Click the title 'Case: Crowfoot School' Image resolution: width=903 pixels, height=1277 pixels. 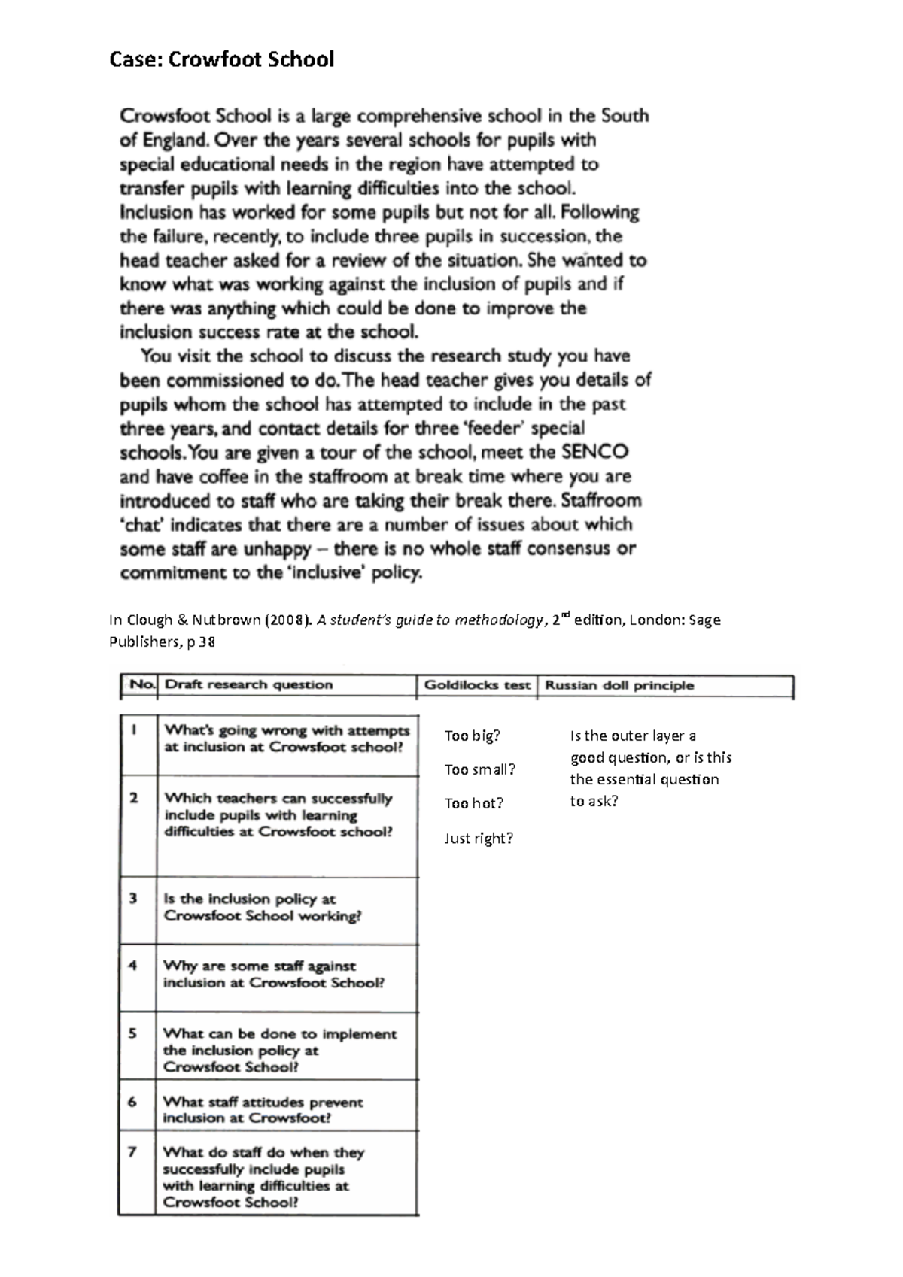point(221,59)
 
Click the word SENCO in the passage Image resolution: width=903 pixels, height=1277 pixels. point(594,453)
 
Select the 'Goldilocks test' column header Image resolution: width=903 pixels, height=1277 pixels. point(477,685)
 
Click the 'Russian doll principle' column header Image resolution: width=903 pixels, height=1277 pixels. point(619,685)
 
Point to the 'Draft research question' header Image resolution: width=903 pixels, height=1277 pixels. point(248,685)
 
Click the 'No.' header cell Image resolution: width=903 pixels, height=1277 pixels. point(141,685)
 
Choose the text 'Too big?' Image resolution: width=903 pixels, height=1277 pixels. point(472,736)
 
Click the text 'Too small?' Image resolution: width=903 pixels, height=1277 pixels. point(479,769)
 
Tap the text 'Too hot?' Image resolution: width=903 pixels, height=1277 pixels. point(473,803)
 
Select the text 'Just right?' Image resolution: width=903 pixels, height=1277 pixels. point(478,838)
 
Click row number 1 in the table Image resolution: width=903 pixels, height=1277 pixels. point(134,729)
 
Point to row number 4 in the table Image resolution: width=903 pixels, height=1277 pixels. point(133,966)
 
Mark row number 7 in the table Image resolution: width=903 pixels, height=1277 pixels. point(132,1151)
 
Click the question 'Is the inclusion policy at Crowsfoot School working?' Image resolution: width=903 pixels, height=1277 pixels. point(262,908)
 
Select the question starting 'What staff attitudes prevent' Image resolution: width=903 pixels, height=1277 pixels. point(262,1109)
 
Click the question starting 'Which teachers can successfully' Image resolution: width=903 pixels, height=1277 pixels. point(278,815)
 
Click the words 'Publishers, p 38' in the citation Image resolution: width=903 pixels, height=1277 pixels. point(162,642)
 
